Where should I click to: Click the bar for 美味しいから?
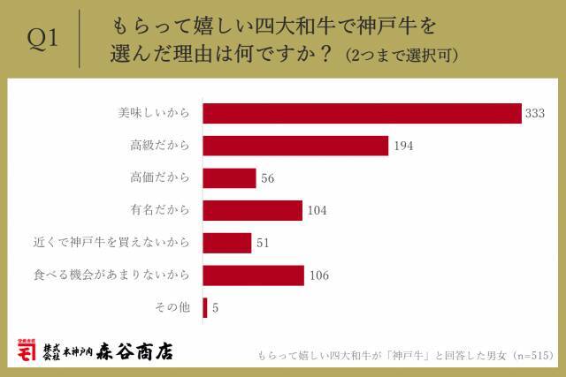click(362, 114)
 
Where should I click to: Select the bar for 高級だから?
click(295, 146)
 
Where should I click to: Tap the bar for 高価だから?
click(230, 178)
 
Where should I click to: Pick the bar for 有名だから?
click(252, 210)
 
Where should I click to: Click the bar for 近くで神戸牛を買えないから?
click(227, 243)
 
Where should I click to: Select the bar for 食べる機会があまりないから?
click(254, 275)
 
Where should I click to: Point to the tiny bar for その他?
click(205, 307)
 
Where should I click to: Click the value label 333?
click(534, 114)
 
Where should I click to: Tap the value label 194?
click(402, 147)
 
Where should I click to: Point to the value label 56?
click(268, 178)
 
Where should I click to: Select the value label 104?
click(317, 210)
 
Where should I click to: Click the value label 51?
click(263, 243)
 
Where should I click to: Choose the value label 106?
click(319, 275)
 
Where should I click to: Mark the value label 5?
click(216, 308)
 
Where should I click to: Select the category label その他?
click(172, 307)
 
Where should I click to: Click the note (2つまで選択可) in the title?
click(402, 55)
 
